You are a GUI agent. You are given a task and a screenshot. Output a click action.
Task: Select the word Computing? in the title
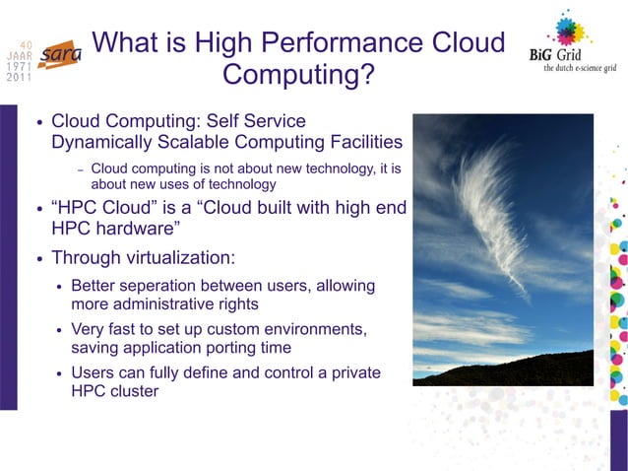pos(298,75)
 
